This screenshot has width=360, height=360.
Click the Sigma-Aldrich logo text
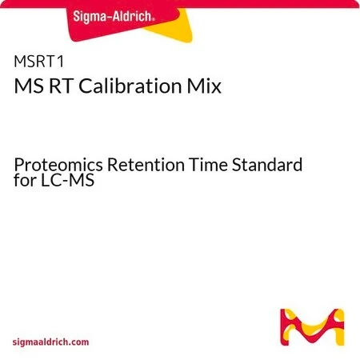pyautogui.click(x=114, y=17)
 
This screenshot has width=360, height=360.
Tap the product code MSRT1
pyautogui.click(x=39, y=62)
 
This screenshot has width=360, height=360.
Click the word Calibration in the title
pyautogui.click(x=130, y=86)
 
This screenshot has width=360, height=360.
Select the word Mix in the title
pyautogui.click(x=204, y=86)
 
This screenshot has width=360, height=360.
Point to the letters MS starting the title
pyautogui.click(x=29, y=86)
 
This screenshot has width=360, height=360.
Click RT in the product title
pyautogui.click(x=61, y=86)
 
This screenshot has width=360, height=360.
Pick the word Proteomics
pyautogui.click(x=58, y=166)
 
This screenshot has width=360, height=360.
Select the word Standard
pyautogui.click(x=267, y=165)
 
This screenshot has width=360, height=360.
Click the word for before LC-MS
pyautogui.click(x=25, y=180)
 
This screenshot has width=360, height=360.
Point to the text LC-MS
pyautogui.click(x=68, y=180)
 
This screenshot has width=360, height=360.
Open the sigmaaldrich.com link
pyautogui.click(x=50, y=342)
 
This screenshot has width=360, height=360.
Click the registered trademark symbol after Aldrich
pyautogui.click(x=153, y=20)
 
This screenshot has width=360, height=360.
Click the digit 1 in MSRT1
pyautogui.click(x=61, y=62)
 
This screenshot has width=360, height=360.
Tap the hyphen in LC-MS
pyautogui.click(x=66, y=182)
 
